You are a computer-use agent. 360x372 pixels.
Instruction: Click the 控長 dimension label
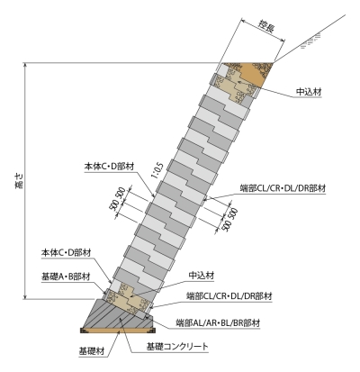(266, 26)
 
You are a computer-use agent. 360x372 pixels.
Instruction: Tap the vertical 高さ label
(18, 181)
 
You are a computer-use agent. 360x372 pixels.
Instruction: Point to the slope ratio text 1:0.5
(157, 170)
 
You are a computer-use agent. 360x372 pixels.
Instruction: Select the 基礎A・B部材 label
(66, 277)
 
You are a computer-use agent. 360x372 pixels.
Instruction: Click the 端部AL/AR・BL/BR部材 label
(218, 323)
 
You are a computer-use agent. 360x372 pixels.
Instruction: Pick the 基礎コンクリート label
(177, 347)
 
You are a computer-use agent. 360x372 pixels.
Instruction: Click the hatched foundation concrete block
(119, 314)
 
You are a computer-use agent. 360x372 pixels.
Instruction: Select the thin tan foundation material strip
(118, 331)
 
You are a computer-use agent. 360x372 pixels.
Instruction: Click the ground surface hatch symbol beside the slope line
(310, 41)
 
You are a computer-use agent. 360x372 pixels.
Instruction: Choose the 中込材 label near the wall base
(202, 275)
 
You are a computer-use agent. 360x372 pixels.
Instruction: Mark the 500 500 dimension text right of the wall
(229, 220)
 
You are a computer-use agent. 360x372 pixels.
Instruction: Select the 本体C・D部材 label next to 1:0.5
(109, 167)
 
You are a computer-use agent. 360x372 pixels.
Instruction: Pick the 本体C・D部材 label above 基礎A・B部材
(66, 253)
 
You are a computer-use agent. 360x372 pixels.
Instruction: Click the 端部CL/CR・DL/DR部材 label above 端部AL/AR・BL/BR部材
(229, 296)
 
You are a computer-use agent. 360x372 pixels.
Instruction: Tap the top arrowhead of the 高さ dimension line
(26, 65)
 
